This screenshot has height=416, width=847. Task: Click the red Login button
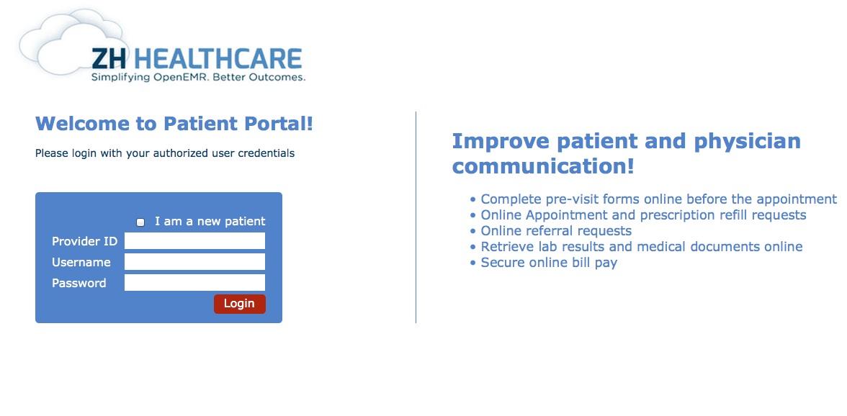click(x=239, y=304)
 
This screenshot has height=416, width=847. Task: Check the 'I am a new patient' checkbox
click(x=140, y=222)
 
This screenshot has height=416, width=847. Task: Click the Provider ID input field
click(x=194, y=240)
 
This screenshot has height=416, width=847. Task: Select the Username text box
click(x=194, y=262)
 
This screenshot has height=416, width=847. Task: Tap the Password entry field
click(x=194, y=282)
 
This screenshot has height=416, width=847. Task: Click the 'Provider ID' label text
click(x=84, y=241)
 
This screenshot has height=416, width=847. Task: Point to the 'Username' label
click(x=81, y=262)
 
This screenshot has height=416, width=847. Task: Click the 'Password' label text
click(x=79, y=283)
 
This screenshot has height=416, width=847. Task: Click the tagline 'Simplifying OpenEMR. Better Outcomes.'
click(x=198, y=78)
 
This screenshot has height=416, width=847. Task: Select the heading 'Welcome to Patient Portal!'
click(x=174, y=124)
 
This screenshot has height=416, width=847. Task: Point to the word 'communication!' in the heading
click(x=543, y=166)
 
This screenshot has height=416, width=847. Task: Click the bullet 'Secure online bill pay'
click(x=549, y=263)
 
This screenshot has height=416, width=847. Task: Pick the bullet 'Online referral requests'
click(x=556, y=231)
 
